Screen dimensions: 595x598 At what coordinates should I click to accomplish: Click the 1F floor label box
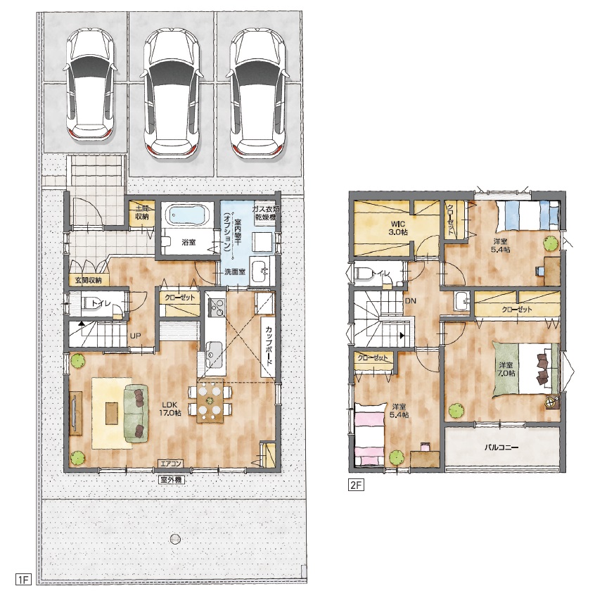click(23, 580)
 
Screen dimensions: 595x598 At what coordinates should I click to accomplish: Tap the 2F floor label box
click(357, 485)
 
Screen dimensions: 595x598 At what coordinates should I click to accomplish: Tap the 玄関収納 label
click(89, 280)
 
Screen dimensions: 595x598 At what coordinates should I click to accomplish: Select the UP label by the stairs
click(135, 336)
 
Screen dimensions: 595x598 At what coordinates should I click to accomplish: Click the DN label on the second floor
click(411, 301)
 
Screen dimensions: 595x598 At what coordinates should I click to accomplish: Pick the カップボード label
click(269, 345)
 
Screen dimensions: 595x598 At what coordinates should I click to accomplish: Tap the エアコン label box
click(170, 464)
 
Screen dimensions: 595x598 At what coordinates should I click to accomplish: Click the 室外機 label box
click(171, 480)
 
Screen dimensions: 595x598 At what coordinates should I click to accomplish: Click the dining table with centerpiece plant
click(210, 400)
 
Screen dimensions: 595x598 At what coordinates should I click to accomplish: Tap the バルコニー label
click(501, 447)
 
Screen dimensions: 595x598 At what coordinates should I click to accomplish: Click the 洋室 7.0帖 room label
click(506, 369)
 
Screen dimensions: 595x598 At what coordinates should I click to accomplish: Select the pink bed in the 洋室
click(369, 435)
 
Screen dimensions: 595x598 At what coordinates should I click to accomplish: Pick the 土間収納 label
click(142, 212)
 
